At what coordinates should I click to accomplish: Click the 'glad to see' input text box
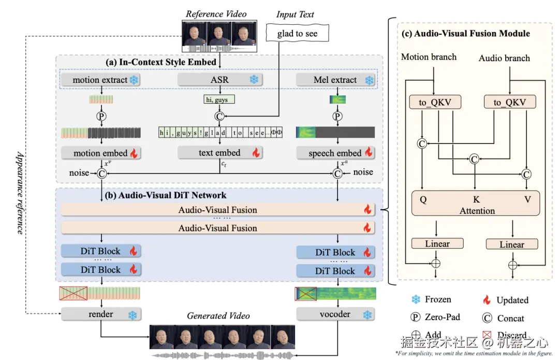[297, 34]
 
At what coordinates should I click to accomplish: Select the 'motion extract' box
[100, 80]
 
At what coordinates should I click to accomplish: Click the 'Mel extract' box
[335, 80]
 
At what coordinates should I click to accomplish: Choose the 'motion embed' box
[100, 153]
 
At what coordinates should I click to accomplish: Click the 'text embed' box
[219, 152]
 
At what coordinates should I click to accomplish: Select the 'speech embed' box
[335, 153]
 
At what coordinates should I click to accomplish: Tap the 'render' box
[100, 314]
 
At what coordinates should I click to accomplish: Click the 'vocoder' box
[335, 314]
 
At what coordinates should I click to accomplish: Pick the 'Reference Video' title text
[216, 14]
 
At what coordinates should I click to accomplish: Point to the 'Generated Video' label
[218, 315]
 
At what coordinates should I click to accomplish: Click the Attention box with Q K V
[475, 203]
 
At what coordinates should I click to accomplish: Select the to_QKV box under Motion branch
[434, 102]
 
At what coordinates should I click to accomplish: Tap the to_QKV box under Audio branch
[509, 102]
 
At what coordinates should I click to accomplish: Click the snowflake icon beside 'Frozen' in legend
[415, 299]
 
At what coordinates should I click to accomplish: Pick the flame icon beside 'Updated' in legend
[486, 299]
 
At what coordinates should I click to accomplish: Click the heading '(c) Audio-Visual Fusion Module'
[466, 34]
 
